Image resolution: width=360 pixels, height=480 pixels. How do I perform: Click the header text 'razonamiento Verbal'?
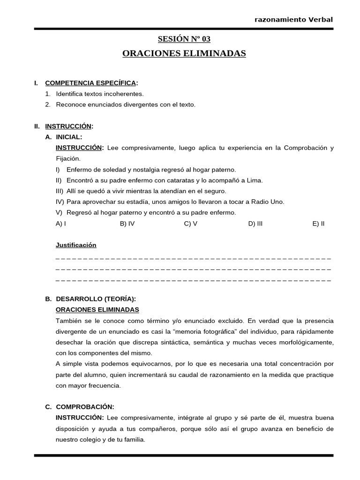click(293, 19)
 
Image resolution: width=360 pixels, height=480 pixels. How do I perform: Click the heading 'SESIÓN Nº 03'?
click(184, 39)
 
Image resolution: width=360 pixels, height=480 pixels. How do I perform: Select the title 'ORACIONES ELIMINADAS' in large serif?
click(184, 53)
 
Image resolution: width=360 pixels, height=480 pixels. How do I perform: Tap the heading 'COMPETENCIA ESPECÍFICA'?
click(90, 83)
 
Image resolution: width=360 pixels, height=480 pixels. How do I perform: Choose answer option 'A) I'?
click(60, 224)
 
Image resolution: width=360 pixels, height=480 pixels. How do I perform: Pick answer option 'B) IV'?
click(127, 224)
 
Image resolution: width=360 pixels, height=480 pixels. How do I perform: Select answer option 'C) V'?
click(190, 224)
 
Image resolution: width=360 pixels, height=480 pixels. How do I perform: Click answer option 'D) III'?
click(255, 224)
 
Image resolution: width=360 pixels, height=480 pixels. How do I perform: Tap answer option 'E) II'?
click(318, 224)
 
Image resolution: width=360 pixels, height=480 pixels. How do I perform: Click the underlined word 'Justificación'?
click(75, 245)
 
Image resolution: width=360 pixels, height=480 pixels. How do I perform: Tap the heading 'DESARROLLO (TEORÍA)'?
click(96, 299)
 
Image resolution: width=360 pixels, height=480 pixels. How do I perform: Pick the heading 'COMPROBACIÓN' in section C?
click(85, 407)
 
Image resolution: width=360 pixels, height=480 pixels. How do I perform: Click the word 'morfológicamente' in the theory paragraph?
click(305, 342)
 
